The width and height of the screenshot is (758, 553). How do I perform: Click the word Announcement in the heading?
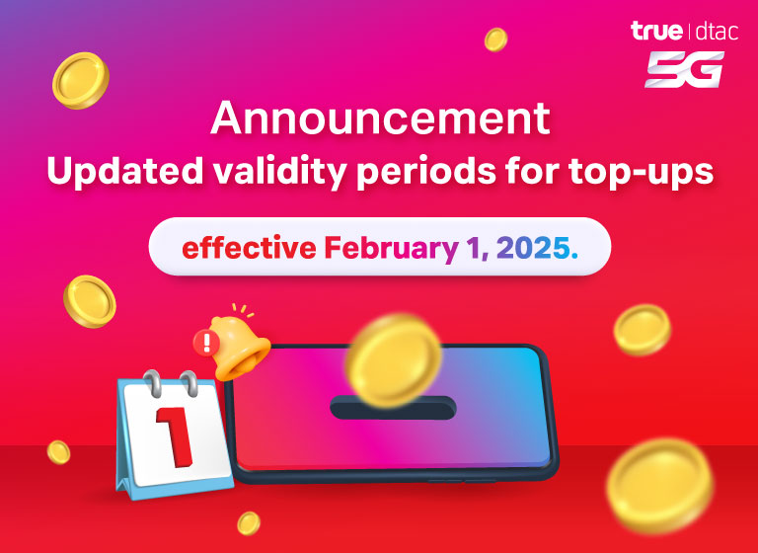[x=380, y=118]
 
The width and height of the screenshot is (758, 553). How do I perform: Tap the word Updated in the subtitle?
[x=124, y=171]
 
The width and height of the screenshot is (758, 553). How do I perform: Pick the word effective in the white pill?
[x=249, y=248]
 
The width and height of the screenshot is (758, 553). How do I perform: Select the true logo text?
[x=656, y=31]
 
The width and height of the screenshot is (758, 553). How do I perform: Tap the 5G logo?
[x=685, y=69]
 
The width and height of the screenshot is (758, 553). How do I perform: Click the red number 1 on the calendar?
[x=175, y=436]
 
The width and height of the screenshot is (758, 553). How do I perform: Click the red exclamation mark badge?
[x=206, y=343]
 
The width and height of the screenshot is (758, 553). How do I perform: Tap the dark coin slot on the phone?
[x=393, y=408]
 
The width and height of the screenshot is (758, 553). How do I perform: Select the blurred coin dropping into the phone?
[x=393, y=360]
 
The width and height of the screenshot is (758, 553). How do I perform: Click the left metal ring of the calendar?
[x=154, y=383]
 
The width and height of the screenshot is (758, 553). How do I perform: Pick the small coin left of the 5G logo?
[x=495, y=39]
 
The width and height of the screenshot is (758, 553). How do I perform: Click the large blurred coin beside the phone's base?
[x=660, y=485]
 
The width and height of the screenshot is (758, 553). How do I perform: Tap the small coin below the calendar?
[x=249, y=523]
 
